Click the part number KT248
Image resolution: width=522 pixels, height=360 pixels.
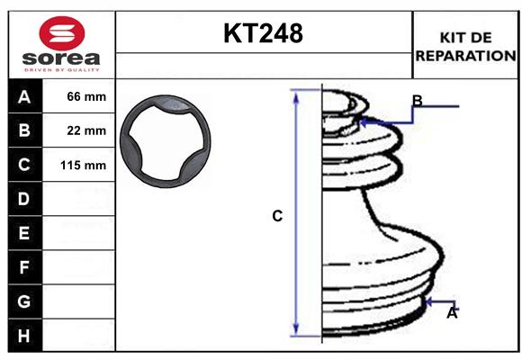tap(263, 33)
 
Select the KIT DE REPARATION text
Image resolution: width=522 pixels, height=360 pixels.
tap(465, 47)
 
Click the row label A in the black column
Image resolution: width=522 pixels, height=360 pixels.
tap(24, 96)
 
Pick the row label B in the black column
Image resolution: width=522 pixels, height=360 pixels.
tap(24, 130)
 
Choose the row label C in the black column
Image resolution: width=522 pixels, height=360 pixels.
tap(24, 165)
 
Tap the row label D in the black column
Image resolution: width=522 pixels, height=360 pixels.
tap(24, 199)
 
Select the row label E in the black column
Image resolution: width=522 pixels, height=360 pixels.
tap(24, 233)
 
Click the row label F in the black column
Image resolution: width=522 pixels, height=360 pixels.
tap(24, 267)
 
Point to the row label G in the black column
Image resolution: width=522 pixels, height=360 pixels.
tap(24, 301)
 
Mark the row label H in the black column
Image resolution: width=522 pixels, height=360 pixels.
tap(24, 336)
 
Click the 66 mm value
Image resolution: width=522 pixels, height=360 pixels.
tap(86, 96)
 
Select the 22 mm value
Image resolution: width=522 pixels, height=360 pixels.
tap(86, 130)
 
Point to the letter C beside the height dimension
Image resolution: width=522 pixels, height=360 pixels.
tap(277, 216)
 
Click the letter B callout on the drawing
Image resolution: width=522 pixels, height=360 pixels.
tap(417, 100)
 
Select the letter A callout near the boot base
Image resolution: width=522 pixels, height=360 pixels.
tap(452, 313)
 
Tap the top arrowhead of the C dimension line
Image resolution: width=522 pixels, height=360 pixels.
tap(296, 94)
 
